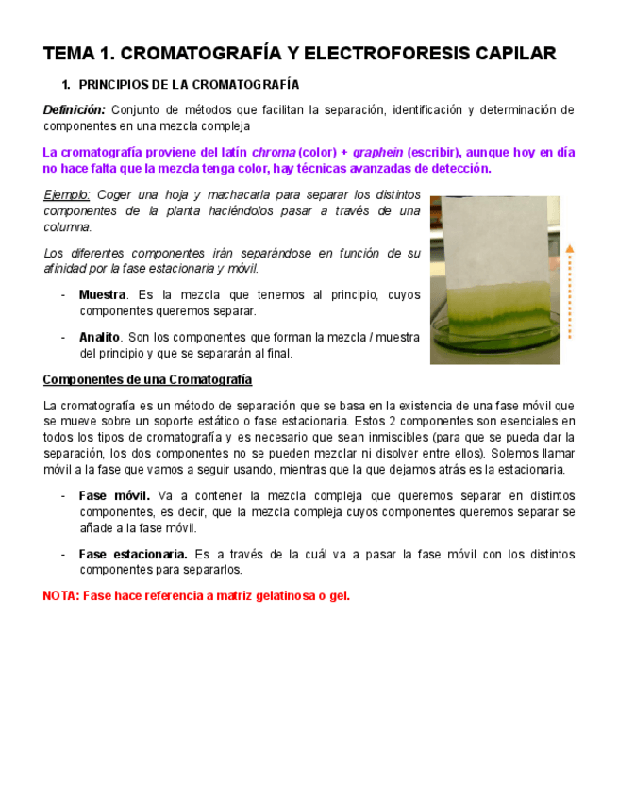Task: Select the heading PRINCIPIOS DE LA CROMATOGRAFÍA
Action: pyautogui.click(x=189, y=85)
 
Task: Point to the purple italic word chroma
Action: pyautogui.click(x=274, y=153)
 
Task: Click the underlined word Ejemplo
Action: pyautogui.click(x=67, y=194)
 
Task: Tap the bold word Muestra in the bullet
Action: pyautogui.click(x=102, y=294)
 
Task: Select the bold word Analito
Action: pyautogui.click(x=99, y=337)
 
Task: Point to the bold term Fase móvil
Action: pyautogui.click(x=113, y=496)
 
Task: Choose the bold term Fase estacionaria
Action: pyautogui.click(x=133, y=554)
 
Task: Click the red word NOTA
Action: pyautogui.click(x=60, y=596)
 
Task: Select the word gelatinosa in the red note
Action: pyautogui.click(x=278, y=596)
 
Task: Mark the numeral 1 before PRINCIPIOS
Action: pyautogui.click(x=64, y=85)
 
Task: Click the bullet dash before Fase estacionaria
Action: pyautogui.click(x=62, y=554)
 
